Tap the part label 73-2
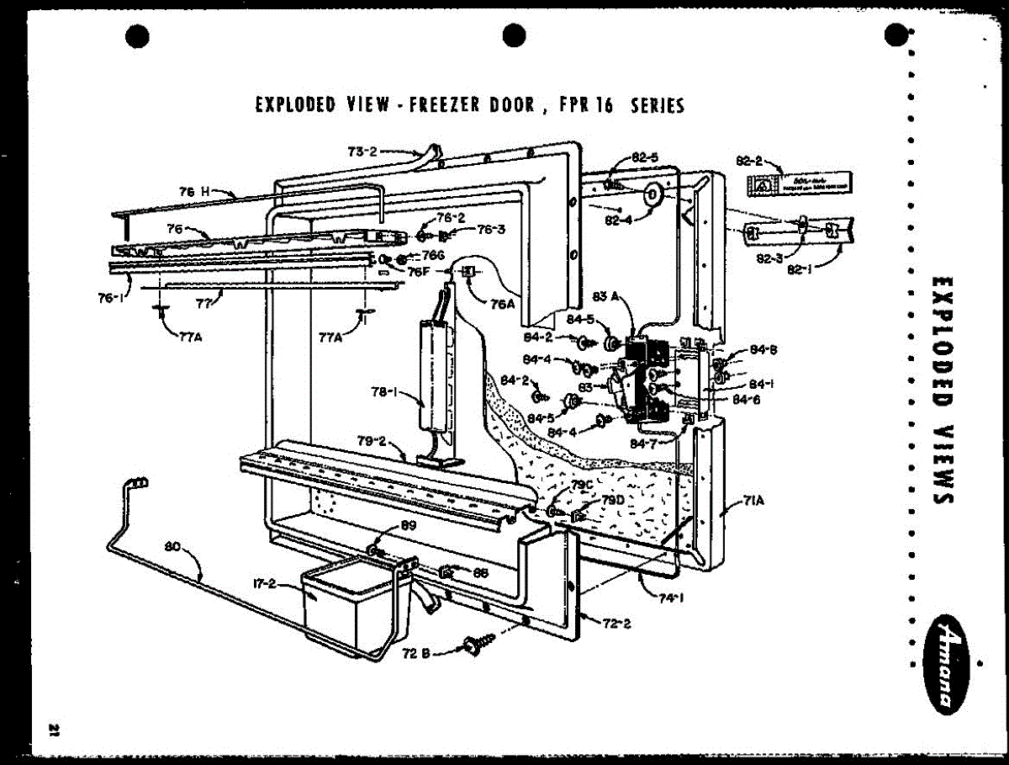pyautogui.click(x=362, y=151)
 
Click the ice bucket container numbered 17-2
pyautogui.click(x=353, y=610)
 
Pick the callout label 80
pyautogui.click(x=174, y=545)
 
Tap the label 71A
pyautogui.click(x=753, y=502)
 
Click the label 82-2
pyautogui.click(x=748, y=160)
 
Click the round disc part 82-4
pyautogui.click(x=652, y=195)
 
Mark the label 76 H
pyautogui.click(x=199, y=191)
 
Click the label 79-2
pyautogui.click(x=371, y=441)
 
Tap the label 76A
pyautogui.click(x=502, y=304)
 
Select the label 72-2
pyautogui.click(x=617, y=623)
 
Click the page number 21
pyautogui.click(x=55, y=728)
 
